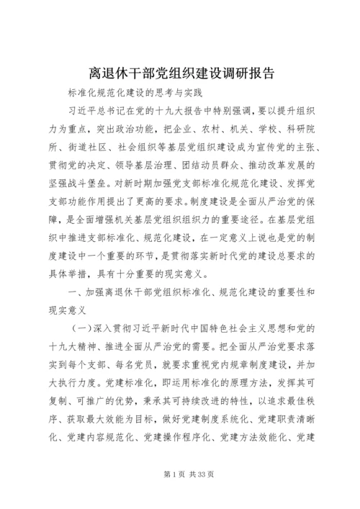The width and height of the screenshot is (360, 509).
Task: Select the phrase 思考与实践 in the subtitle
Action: point(179,94)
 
